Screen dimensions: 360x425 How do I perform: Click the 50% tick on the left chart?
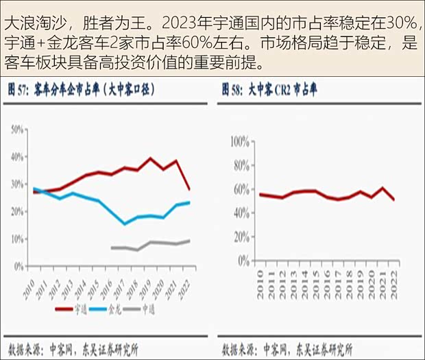[x=18, y=129]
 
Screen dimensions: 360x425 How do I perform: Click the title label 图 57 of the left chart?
[x=19, y=89]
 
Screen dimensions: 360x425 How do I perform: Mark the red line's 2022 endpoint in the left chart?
[x=189, y=189]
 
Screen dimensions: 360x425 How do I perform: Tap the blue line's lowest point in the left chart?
[x=125, y=224]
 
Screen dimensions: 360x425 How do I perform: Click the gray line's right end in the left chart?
[x=189, y=241]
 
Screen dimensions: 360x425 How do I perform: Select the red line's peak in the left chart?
[x=151, y=158]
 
